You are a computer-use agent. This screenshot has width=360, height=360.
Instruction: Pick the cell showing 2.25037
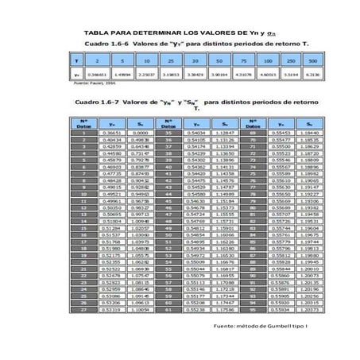coord(146,75)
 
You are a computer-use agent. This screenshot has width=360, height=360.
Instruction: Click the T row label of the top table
coord(75,60)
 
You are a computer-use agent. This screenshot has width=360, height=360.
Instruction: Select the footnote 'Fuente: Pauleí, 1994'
coord(91,82)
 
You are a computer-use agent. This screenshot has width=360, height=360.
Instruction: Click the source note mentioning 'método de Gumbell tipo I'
coord(256,327)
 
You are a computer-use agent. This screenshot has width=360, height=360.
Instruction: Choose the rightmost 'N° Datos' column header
coord(252,122)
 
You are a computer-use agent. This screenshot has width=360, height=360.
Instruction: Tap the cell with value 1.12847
coord(226,132)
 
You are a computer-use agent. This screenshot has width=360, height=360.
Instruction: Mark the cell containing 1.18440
coord(310,132)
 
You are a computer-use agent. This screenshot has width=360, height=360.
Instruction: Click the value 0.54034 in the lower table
coord(197,132)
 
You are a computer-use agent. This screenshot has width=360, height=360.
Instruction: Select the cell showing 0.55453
coord(282,132)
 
